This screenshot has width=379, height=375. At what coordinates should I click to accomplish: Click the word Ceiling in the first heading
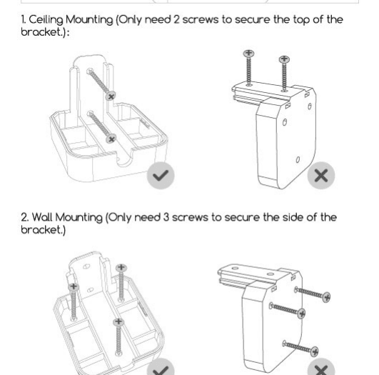[x=46, y=20]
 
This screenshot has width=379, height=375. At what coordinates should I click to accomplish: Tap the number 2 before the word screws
[x=176, y=19]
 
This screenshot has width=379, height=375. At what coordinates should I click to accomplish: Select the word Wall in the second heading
[x=42, y=217]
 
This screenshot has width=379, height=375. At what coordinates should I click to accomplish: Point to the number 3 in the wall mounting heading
[x=166, y=217]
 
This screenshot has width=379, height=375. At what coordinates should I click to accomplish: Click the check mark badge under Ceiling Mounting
[x=161, y=176]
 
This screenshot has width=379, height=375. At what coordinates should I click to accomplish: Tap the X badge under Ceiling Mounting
[x=321, y=176]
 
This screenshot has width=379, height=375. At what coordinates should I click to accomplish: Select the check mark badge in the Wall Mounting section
[x=161, y=368]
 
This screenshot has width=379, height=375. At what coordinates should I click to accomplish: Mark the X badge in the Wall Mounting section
[x=321, y=368]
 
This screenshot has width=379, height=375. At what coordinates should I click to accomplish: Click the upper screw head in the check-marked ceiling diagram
[x=111, y=96]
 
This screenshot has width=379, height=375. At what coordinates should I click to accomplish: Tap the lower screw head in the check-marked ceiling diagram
[x=111, y=139]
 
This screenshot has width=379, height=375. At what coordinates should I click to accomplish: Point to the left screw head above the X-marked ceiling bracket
[x=248, y=54]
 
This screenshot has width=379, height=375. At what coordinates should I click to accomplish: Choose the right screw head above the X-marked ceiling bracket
[x=284, y=59]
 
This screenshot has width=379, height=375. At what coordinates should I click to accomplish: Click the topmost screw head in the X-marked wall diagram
[x=327, y=297]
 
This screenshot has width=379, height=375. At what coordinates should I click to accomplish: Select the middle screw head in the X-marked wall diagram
[x=302, y=314]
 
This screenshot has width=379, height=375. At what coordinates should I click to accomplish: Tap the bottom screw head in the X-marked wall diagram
[x=314, y=351]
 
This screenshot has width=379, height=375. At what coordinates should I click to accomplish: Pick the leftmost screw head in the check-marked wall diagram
[x=74, y=287]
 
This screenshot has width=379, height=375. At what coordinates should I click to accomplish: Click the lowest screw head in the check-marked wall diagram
[x=118, y=321]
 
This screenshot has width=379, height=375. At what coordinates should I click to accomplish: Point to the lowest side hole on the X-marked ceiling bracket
[x=298, y=160]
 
